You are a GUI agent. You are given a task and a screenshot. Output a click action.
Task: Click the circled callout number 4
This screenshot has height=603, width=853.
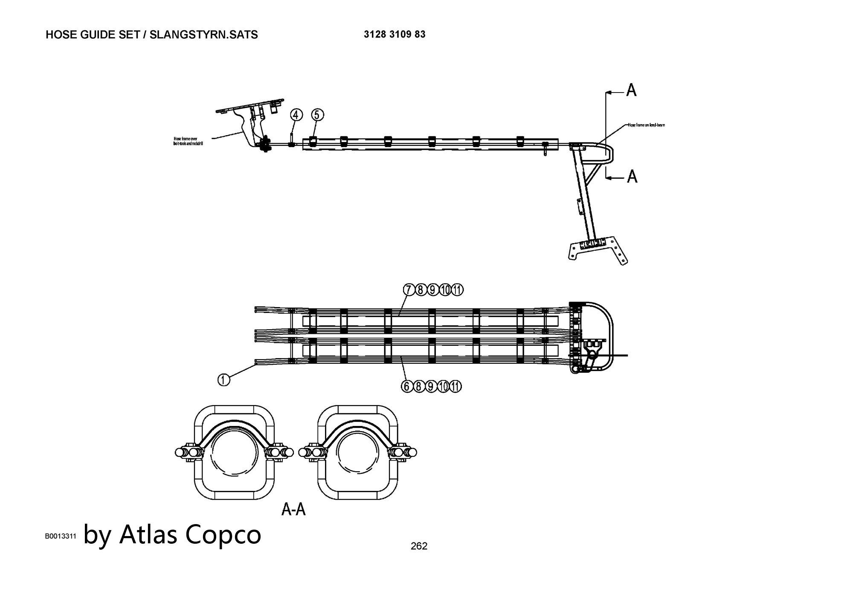coord(296,115)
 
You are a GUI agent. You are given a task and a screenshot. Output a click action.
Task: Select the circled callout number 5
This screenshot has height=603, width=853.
coord(317,115)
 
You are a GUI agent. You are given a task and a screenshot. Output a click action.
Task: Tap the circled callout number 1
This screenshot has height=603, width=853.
coord(223,380)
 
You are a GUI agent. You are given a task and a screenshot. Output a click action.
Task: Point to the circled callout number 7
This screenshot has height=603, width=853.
coord(409,290)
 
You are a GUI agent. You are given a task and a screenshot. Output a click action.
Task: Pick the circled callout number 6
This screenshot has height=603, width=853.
coord(407,386)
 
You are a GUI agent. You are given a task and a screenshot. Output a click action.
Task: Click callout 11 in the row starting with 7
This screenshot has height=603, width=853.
coord(457,290)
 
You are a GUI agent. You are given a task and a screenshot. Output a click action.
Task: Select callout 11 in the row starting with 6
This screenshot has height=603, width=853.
coord(456,386)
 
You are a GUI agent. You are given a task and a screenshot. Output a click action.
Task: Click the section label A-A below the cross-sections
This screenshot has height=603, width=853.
coord(293,509)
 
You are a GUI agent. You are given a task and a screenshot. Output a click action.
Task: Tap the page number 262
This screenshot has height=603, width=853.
coord(419,546)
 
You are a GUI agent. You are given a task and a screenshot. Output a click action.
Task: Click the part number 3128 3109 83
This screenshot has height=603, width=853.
coord(395,35)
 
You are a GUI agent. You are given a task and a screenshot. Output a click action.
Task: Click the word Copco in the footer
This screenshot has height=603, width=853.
coord(223,534)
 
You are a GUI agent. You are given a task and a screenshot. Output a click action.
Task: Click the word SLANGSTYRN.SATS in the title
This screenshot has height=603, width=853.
coord(204,35)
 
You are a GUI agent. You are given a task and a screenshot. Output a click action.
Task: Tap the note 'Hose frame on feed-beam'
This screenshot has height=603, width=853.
coord(646,125)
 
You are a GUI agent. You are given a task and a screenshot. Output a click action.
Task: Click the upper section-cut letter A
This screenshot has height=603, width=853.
coord(631,90)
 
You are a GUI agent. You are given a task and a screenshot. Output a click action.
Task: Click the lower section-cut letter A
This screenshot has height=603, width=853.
coord(632,176)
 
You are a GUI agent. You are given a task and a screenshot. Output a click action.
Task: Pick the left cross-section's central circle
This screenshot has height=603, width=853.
coord(235,453)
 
